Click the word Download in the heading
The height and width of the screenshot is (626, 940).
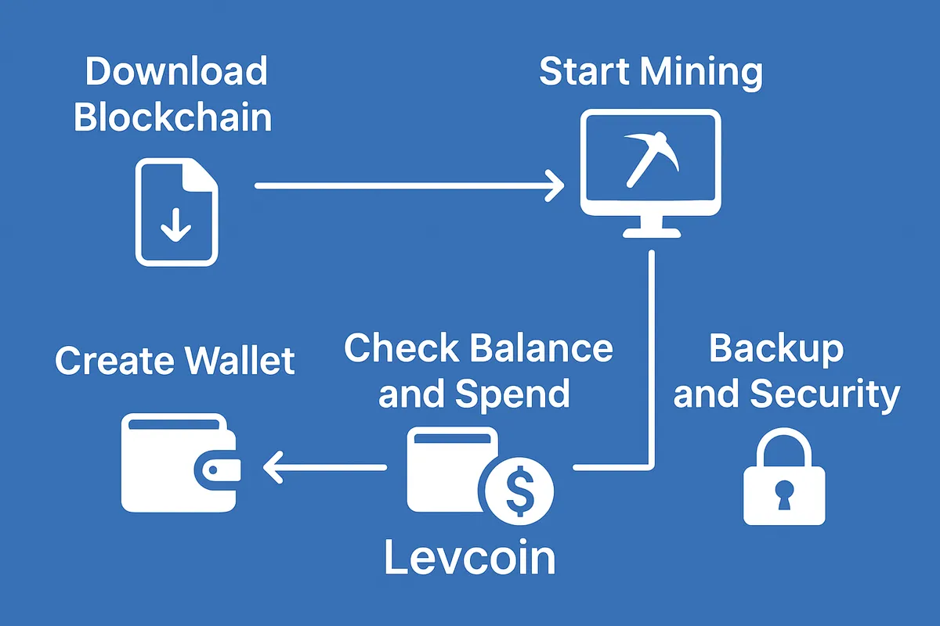click(176, 72)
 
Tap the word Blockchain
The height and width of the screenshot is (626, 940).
click(172, 117)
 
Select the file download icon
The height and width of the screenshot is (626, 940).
click(177, 212)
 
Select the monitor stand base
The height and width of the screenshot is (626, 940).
click(651, 232)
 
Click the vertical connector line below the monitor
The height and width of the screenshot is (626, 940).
click(651, 352)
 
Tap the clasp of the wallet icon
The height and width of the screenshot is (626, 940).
click(219, 469)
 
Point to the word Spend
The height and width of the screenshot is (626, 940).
click(512, 394)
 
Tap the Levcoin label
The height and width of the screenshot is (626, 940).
click(470, 558)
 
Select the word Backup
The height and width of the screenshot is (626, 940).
click(776, 349)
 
